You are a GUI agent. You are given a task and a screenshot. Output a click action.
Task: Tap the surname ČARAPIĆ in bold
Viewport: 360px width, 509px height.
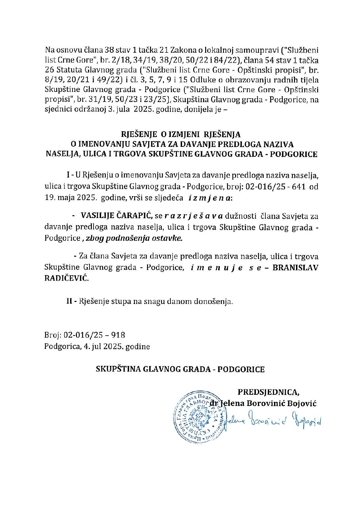(x=134, y=216)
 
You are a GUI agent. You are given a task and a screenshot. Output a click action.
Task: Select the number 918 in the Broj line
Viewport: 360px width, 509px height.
(x=118, y=335)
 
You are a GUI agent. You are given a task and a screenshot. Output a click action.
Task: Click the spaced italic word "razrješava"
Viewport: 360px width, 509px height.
(x=194, y=216)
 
